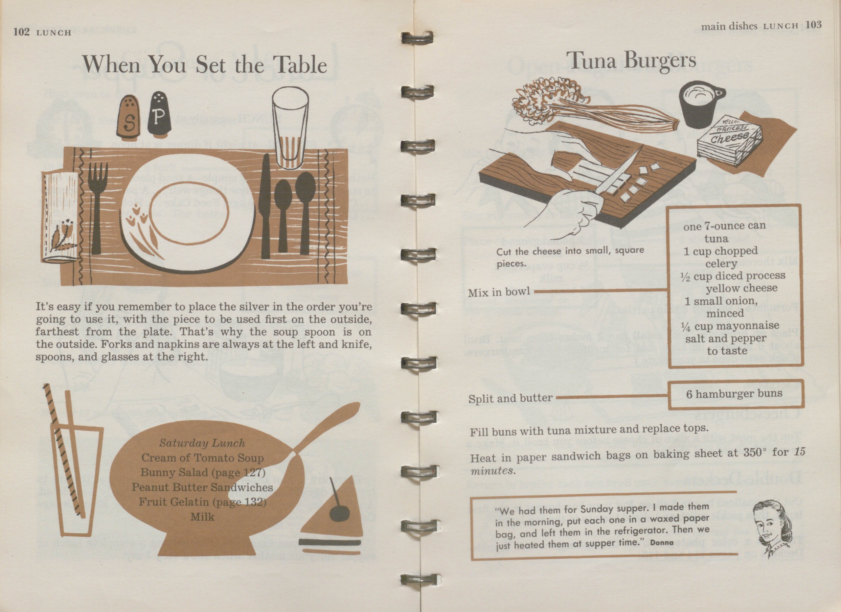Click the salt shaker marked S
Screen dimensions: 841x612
[x=129, y=116]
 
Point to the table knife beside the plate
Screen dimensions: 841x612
[x=265, y=206]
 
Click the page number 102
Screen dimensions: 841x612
[x=21, y=32]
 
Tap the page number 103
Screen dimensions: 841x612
[x=813, y=25]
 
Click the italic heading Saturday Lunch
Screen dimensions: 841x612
[x=202, y=443]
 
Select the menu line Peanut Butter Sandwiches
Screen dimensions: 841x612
[x=202, y=487]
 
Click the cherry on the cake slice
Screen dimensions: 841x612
[x=339, y=513]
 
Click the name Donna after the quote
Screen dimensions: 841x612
[x=662, y=543]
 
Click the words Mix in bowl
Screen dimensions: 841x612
[x=499, y=292]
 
